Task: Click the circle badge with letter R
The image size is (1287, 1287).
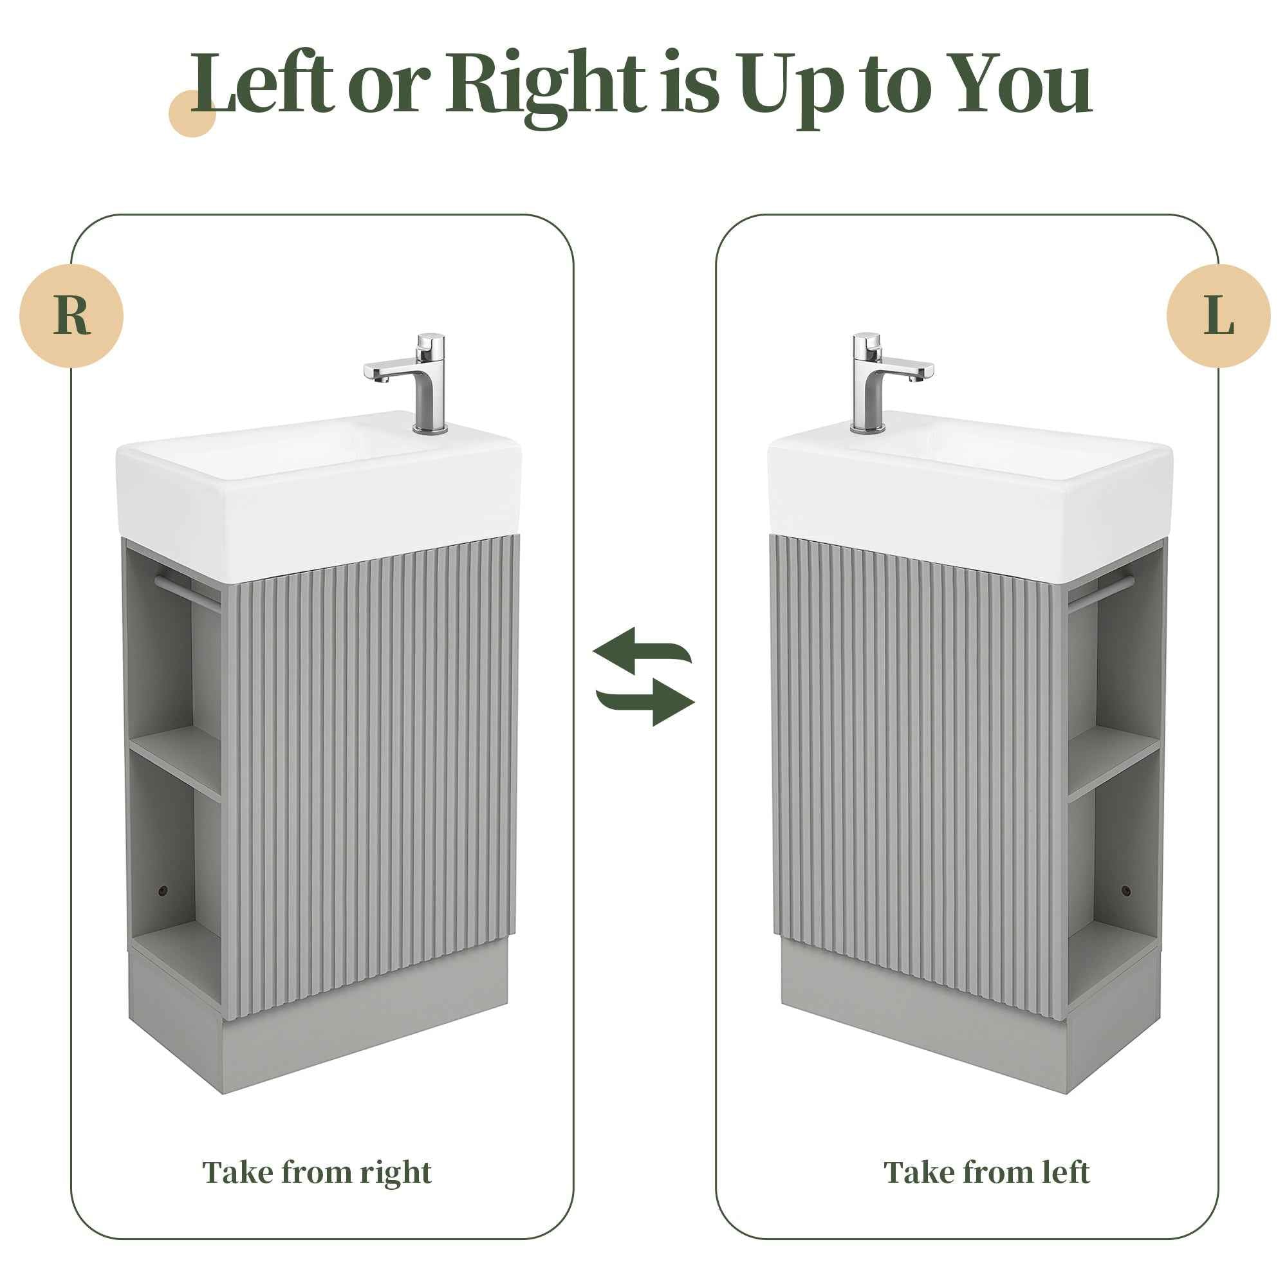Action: click(71, 316)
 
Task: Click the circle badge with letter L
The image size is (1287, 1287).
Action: click(1218, 316)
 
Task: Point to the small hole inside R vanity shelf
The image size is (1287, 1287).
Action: click(162, 891)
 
